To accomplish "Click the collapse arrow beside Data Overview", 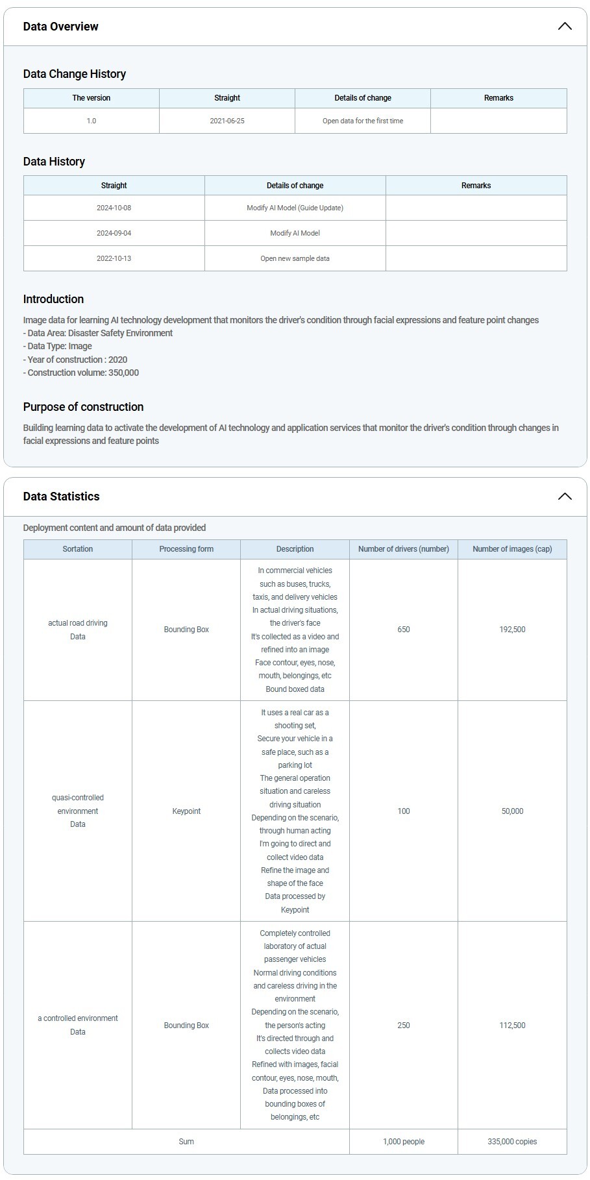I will point(564,27).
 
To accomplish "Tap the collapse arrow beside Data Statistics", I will point(564,497).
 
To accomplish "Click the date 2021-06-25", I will point(227,121).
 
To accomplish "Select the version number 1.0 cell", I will point(92,121).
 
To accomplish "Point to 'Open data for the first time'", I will point(363,121).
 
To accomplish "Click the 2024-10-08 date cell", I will point(114,208).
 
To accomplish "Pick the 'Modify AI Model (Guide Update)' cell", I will point(295,208).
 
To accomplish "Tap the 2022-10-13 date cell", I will point(114,258).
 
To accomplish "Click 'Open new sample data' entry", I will point(295,258).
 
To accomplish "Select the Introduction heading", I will point(53,299).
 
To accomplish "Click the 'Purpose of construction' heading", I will point(83,407).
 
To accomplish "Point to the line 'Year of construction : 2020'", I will point(75,360).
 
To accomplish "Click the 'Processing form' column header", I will point(186,549).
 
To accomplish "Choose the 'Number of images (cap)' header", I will point(512,549).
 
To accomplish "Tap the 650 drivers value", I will point(404,630).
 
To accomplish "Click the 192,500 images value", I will point(512,630).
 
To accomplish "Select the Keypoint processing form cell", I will point(186,811).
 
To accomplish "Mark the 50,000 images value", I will point(512,811).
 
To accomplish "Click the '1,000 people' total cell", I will point(404,1142).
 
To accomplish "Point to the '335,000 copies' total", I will point(512,1142).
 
